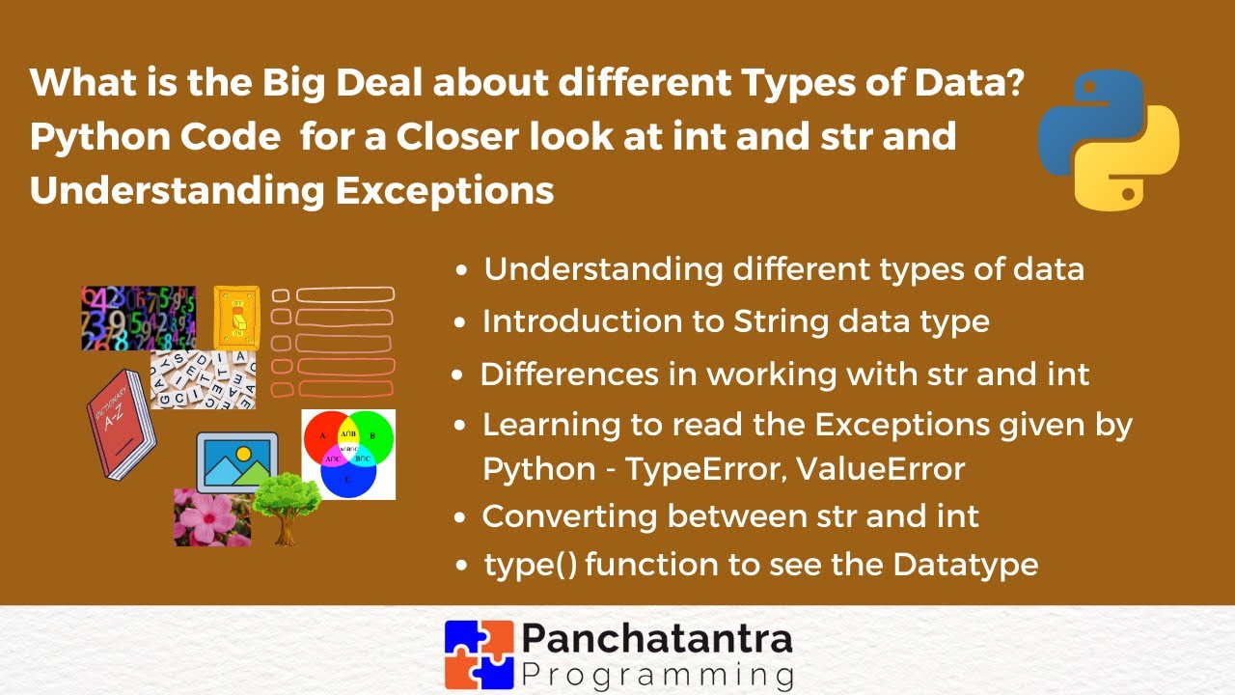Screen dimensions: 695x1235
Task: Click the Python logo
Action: tap(1109, 139)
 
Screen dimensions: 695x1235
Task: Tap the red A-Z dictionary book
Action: tap(120, 425)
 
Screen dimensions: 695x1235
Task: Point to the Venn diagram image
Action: tap(348, 454)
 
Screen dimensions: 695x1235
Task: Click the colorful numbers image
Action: tap(138, 318)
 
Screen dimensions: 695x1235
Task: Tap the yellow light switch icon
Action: tap(236, 317)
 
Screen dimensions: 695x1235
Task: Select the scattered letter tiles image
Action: tap(203, 379)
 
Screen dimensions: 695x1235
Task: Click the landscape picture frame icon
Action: tap(236, 461)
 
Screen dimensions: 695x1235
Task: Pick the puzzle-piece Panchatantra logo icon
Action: tap(479, 653)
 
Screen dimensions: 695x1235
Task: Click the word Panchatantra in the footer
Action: tap(657, 638)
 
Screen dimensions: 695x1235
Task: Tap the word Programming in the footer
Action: tap(657, 673)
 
